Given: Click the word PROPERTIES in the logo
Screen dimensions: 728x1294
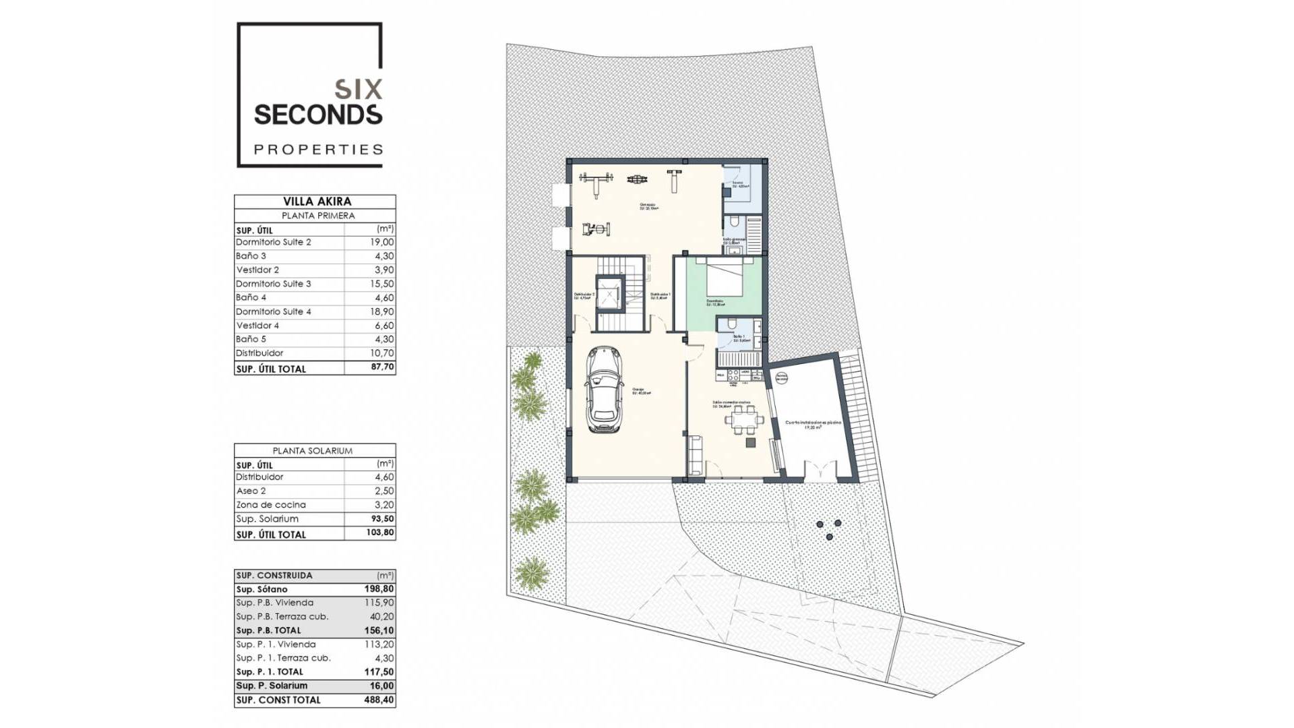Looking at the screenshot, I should tap(318, 149).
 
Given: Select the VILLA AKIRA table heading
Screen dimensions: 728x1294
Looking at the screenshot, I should tap(317, 201).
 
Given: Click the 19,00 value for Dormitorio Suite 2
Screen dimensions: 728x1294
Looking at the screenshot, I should tap(383, 242).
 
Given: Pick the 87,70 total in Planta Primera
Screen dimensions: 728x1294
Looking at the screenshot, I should tap(383, 368).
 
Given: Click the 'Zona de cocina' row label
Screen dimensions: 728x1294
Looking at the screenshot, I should tap(271, 505).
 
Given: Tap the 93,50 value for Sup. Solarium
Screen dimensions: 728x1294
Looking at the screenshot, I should tap(383, 519).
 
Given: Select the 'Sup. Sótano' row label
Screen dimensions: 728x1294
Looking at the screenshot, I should tap(261, 589).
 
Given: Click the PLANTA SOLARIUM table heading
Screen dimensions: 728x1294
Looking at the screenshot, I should tap(312, 450).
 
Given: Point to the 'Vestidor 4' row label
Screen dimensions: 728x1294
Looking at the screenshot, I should tap(257, 326).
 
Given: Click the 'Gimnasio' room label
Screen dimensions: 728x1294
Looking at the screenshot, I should tap(648, 206).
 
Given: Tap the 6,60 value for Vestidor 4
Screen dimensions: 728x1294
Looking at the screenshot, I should tap(384, 326).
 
